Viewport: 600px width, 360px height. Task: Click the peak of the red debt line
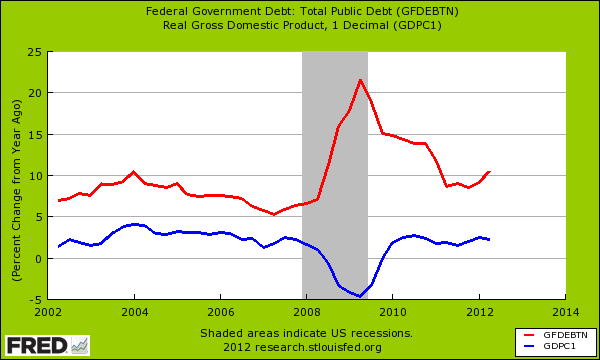pos(360,80)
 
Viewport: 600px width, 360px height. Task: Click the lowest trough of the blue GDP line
pos(359,296)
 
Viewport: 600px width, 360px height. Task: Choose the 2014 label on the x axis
pos(565,312)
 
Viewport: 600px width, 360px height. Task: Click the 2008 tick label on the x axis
pos(306,312)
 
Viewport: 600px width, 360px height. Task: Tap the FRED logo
pos(45,344)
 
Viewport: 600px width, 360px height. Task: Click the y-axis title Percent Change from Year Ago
pos(14,175)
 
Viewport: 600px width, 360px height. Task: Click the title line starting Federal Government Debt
pos(301,11)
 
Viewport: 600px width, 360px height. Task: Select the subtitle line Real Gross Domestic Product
pos(301,25)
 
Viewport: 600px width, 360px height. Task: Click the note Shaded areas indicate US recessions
pos(304,333)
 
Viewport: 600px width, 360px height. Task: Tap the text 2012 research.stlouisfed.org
pos(304,347)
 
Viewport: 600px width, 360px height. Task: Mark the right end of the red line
pos(489,171)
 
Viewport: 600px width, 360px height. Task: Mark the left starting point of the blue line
pos(58,246)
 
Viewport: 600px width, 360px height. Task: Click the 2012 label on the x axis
pos(479,312)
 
